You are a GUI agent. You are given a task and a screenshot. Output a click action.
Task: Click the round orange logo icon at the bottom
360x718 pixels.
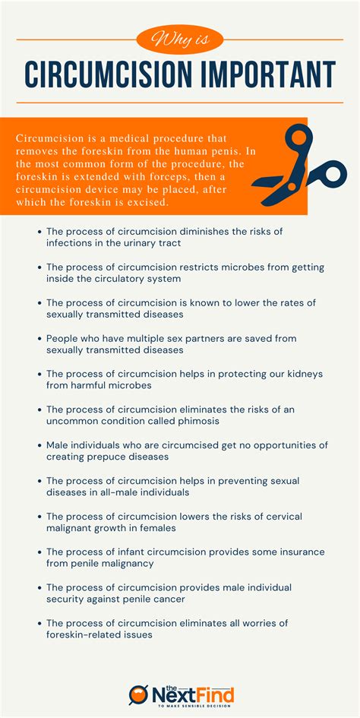coord(137,694)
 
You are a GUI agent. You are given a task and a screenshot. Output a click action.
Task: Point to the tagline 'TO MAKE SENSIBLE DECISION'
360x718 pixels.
coord(192,707)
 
